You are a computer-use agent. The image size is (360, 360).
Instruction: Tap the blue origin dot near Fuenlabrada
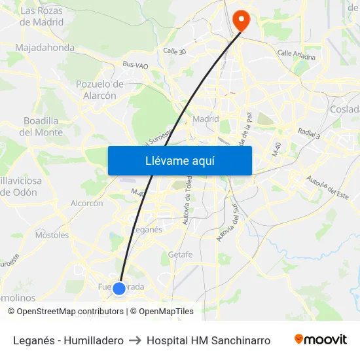tap(119, 288)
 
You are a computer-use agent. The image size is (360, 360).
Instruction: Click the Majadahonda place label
tap(45, 48)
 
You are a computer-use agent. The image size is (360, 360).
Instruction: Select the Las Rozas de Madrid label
tap(43, 16)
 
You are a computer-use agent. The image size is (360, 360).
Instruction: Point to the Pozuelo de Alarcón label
tap(100, 90)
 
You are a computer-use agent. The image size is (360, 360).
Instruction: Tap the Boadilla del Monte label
tap(41, 126)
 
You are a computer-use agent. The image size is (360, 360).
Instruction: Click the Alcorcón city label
tap(86, 204)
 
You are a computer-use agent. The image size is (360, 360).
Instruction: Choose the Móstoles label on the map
tap(52, 235)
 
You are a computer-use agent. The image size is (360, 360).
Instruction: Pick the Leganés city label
tap(147, 230)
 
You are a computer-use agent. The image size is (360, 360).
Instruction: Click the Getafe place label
tap(180, 255)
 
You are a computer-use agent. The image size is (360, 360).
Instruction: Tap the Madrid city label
tap(206, 119)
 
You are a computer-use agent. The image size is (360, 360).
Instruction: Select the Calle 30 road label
tap(174, 51)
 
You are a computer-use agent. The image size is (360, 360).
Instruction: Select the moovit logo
tap(321, 340)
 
